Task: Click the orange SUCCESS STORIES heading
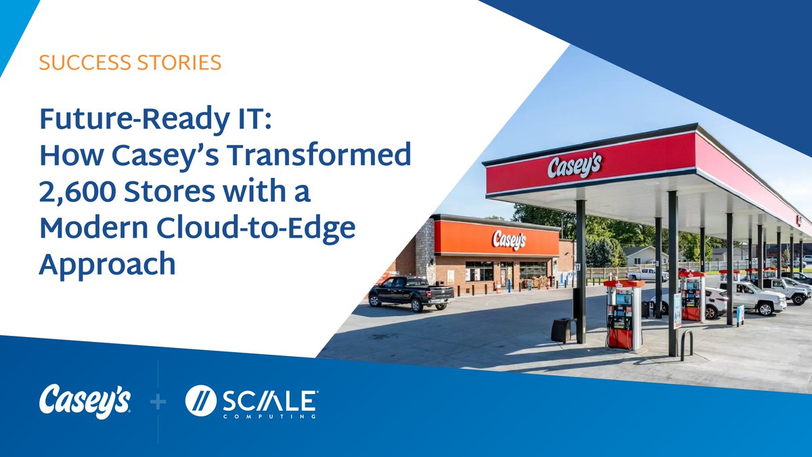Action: coord(130,64)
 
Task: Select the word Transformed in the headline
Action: coord(319,156)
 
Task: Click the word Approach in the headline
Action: coord(107,264)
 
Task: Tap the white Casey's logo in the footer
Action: coord(85,401)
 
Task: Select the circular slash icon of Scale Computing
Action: coord(201,403)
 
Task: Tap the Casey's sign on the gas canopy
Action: coord(574,165)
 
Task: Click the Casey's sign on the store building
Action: coord(509,238)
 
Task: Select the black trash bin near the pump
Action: coord(562,330)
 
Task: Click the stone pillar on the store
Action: coord(425,251)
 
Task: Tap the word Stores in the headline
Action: coord(173,192)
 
